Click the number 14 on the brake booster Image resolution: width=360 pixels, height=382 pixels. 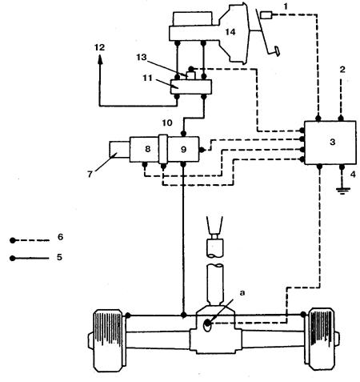click(230, 32)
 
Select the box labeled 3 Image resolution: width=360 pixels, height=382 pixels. click(330, 143)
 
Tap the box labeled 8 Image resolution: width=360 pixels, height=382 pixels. click(144, 149)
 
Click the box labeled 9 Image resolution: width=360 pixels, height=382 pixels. click(183, 149)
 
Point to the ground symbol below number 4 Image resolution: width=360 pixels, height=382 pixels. click(342, 191)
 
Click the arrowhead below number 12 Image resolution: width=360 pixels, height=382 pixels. click(100, 59)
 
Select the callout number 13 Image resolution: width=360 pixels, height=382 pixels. click(142, 57)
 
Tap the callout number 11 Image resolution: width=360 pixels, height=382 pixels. click(147, 78)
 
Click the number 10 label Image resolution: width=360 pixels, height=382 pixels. click(167, 123)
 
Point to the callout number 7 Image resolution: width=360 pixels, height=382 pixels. click(90, 175)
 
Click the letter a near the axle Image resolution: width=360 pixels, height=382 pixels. click(242, 293)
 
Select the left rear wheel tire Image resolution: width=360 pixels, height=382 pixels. click(109, 340)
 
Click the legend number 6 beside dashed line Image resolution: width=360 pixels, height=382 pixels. click(61, 237)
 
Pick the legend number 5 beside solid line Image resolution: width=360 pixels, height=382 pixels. click(59, 257)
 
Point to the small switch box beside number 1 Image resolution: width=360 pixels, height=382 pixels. click(266, 15)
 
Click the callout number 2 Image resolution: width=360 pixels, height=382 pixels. click(342, 70)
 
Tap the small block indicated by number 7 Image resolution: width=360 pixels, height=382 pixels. click(119, 149)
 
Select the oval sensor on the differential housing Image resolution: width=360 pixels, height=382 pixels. click(207, 324)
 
